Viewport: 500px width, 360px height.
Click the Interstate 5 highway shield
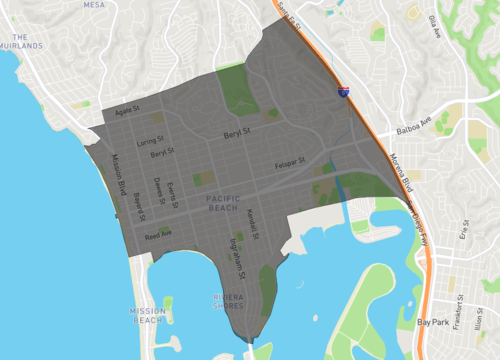pos(343,90)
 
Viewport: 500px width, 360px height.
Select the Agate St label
pos(131,111)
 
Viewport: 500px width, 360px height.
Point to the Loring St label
pos(148,142)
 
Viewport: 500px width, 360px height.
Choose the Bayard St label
pos(139,206)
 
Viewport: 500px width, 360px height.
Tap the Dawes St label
pos(158,190)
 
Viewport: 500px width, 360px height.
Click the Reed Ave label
pos(158,235)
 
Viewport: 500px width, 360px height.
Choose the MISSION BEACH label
pos(147,316)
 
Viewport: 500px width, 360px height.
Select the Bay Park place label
pos(434,322)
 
